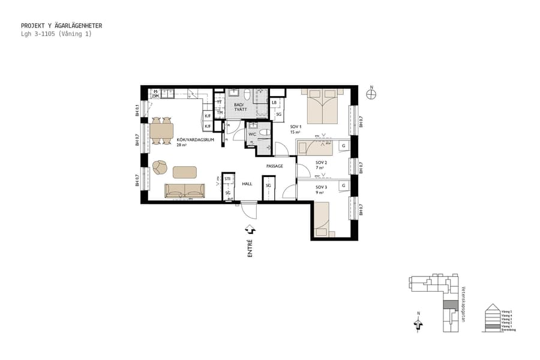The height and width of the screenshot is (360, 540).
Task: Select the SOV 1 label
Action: (295, 127)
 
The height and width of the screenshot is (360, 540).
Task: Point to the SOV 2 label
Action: (320, 163)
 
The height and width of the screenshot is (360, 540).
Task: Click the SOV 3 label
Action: (320, 187)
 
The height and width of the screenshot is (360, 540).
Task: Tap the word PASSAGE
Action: (275, 166)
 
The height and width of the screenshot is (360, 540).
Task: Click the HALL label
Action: (247, 184)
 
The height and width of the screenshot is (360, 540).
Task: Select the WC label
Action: (253, 134)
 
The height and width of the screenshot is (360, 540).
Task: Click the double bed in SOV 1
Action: (323, 106)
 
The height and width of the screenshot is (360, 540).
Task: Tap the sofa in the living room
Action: (185, 191)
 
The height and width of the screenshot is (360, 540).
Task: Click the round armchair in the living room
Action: (160, 166)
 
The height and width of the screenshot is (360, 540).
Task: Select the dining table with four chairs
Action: (161, 130)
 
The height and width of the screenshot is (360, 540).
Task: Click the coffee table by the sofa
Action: (185, 172)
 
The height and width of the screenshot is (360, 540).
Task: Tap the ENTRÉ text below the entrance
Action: (250, 248)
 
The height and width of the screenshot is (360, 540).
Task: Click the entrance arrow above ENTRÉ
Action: (250, 229)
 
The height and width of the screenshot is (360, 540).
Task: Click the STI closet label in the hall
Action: (228, 179)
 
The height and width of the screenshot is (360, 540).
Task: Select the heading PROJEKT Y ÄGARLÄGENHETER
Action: (61, 26)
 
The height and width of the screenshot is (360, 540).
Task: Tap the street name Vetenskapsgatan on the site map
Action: (463, 304)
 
